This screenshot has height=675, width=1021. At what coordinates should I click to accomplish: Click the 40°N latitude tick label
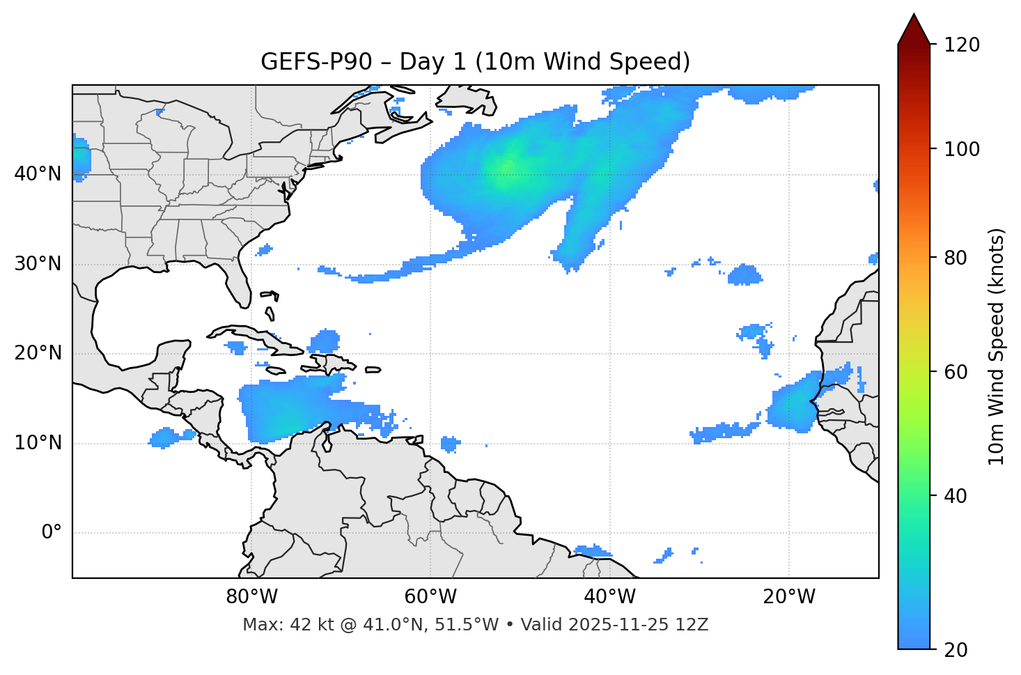38,174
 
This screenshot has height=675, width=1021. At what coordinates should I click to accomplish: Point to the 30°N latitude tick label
38,264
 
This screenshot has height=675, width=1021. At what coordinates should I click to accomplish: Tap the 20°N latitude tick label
38,353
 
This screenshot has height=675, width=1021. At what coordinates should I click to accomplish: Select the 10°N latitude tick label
38,443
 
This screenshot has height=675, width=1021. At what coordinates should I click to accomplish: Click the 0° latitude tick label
52,533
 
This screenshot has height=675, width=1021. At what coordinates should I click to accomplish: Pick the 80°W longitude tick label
251,597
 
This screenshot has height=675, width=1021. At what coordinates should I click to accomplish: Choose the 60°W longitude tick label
430,597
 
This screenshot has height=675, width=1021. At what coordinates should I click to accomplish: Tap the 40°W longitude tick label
609,597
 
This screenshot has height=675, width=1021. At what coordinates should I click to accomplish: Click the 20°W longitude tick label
788,597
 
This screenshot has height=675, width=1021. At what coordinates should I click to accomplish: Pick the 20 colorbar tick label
955,650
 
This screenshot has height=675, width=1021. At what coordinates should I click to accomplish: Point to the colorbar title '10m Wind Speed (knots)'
996,346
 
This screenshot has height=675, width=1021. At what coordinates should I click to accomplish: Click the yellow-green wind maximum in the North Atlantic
506,168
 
